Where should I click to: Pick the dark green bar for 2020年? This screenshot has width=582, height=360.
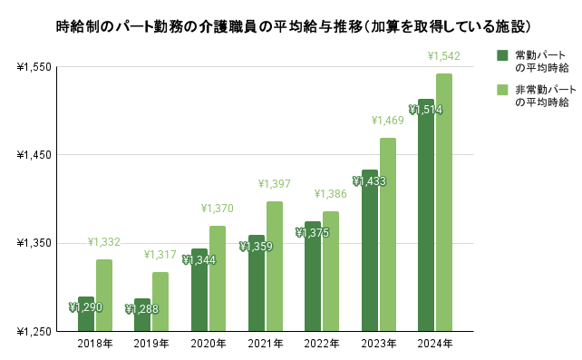pos(199,290)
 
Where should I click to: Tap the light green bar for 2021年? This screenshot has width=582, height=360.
pos(274,267)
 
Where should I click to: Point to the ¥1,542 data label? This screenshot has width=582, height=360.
pos(443,56)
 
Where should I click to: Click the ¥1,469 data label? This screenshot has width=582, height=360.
pos(387,121)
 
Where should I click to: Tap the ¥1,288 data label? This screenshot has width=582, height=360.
pos(142,309)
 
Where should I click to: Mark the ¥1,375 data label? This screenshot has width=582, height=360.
pos(312,233)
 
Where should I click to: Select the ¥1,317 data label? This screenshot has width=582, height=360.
pos(160,255)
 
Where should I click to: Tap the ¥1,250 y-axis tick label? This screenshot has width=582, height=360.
pos(34,332)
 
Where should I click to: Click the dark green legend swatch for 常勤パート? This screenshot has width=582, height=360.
pos(502,56)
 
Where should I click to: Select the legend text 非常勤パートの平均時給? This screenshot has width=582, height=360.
pos(544,97)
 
